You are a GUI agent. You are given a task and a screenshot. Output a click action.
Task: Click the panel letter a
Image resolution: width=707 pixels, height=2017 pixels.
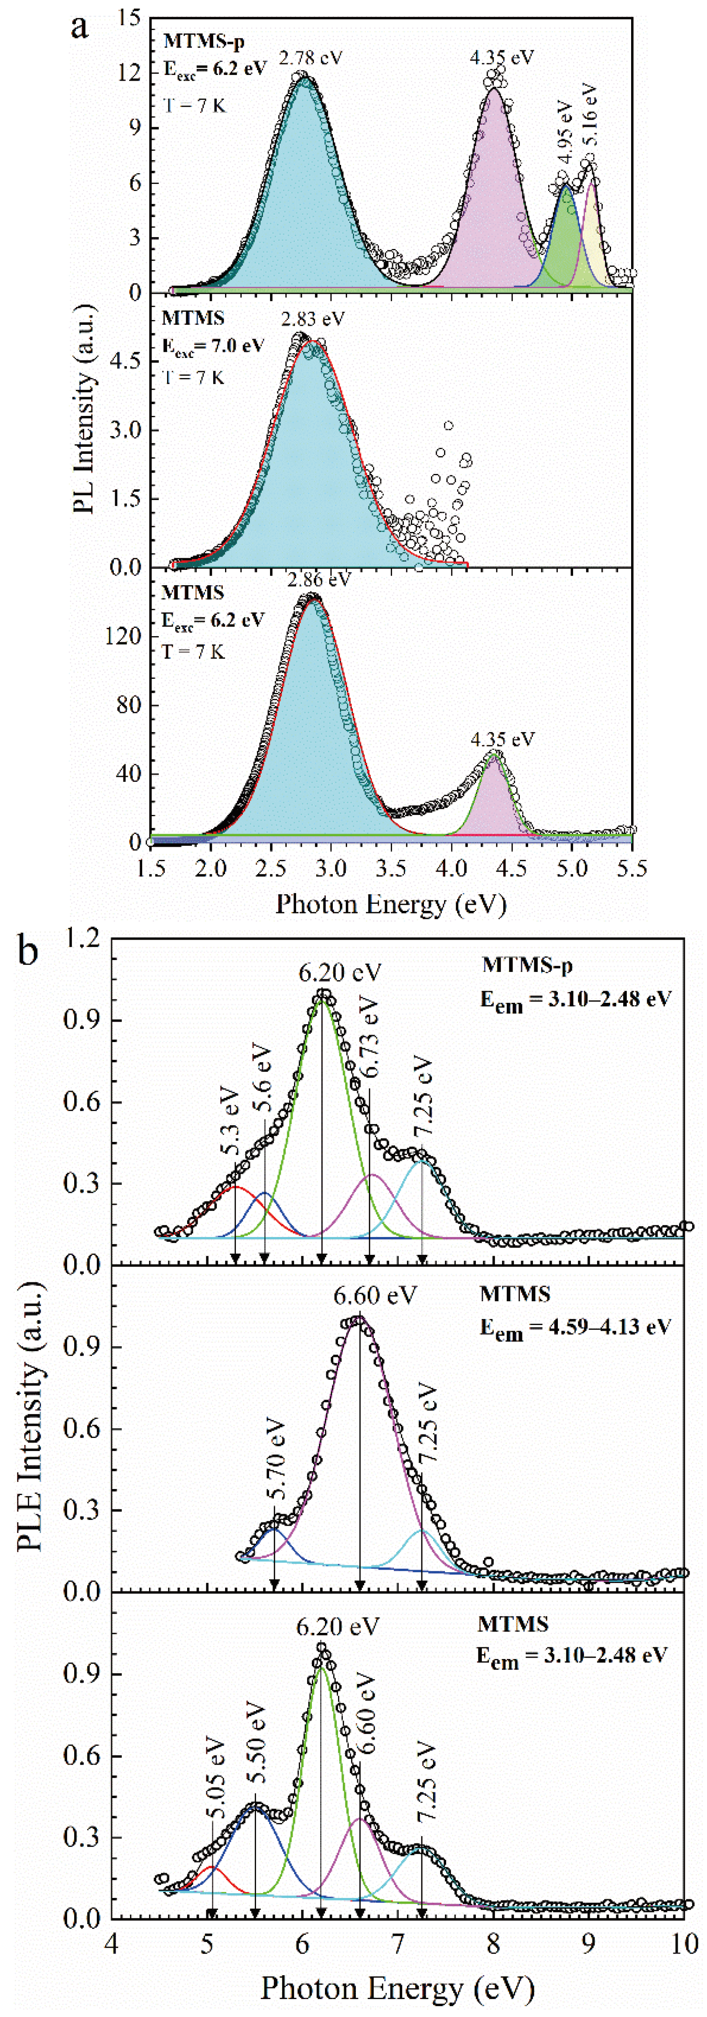(x=79, y=29)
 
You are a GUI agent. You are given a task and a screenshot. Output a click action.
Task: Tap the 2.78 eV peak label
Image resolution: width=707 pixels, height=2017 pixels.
(x=311, y=58)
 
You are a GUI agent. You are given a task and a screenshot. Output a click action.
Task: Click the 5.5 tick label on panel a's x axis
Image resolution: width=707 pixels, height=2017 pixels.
(x=631, y=868)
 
